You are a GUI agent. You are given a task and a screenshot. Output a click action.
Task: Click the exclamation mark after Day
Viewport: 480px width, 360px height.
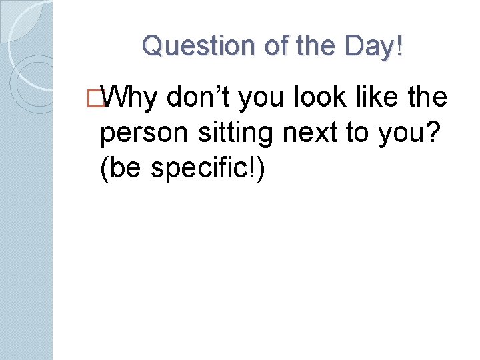(x=399, y=46)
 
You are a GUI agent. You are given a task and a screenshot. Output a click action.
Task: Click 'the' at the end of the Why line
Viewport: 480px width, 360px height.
(x=429, y=99)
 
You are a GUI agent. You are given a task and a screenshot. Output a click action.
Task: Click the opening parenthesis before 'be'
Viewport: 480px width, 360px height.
(x=103, y=169)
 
